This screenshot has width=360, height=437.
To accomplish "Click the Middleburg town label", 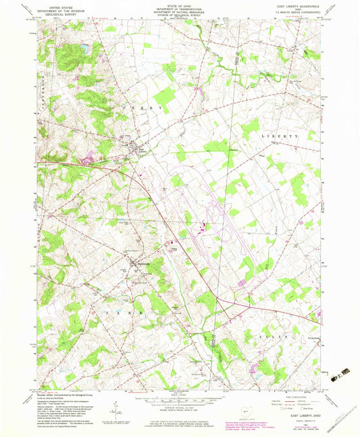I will click(140, 263).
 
